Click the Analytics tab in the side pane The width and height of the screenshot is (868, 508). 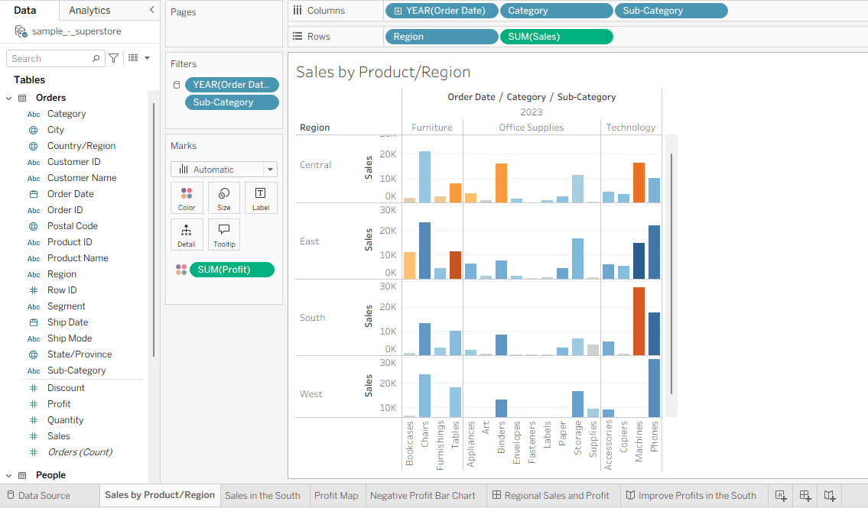[89, 11]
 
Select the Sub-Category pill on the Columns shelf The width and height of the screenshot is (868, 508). [671, 11]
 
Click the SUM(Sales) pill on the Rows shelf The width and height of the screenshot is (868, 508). [556, 37]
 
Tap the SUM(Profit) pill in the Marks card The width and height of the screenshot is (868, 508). [232, 270]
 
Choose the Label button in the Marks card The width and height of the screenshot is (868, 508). [261, 198]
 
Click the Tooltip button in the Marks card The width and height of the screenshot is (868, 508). [224, 235]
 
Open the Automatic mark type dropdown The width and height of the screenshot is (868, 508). [223, 169]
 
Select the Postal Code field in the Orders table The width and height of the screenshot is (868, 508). [73, 226]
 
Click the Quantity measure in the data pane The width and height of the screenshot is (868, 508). [65, 420]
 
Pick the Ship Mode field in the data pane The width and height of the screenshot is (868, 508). [70, 338]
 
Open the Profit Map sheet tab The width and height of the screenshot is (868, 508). [336, 496]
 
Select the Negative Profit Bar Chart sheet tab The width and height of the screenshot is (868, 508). [423, 496]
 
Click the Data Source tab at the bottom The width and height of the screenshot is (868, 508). [39, 496]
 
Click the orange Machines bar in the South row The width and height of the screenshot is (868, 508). [639, 321]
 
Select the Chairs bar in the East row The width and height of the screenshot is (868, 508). [424, 251]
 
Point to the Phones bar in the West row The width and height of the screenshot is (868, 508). [654, 388]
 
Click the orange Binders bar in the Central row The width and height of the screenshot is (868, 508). [501, 183]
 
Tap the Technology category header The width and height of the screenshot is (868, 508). [630, 128]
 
